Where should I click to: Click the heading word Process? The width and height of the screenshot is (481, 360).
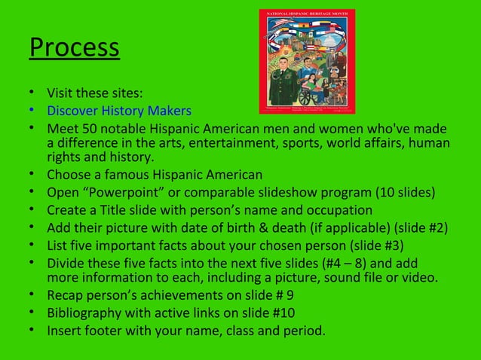tap(75, 47)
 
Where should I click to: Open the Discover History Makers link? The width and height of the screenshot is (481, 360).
tap(118, 111)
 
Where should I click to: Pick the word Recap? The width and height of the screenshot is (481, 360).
tap(65, 295)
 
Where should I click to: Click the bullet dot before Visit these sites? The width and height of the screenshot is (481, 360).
tap(33, 94)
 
